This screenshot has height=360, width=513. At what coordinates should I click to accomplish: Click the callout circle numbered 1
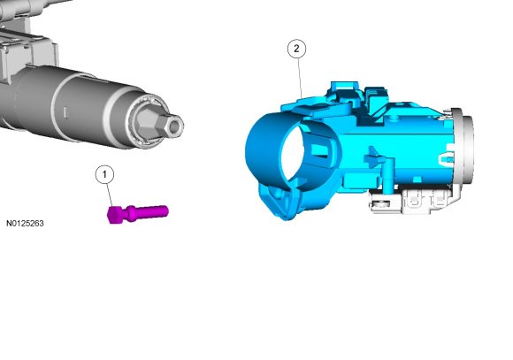(x=104, y=175)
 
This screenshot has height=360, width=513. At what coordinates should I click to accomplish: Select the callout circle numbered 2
(x=296, y=49)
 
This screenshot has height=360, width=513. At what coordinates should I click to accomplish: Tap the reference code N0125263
(x=25, y=223)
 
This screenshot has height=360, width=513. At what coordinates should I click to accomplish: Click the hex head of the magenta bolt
(x=114, y=215)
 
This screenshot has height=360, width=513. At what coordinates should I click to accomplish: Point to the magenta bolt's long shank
(x=151, y=211)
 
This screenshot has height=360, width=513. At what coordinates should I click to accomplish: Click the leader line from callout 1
(x=110, y=195)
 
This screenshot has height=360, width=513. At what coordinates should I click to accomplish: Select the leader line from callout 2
(x=299, y=78)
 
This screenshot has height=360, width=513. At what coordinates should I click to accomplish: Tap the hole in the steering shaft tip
(x=175, y=126)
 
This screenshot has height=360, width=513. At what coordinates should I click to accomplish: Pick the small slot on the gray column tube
(x=65, y=112)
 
